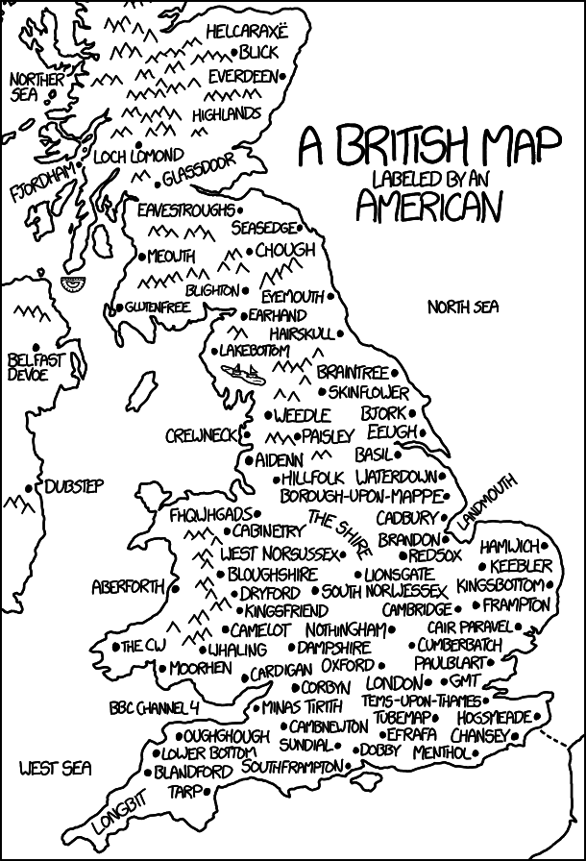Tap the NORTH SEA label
[x=464, y=307]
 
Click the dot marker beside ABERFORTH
[x=176, y=586]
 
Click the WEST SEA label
[x=55, y=768]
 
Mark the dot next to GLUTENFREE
[x=118, y=307]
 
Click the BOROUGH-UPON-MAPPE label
[x=361, y=496]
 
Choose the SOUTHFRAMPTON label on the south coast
[x=291, y=767]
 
